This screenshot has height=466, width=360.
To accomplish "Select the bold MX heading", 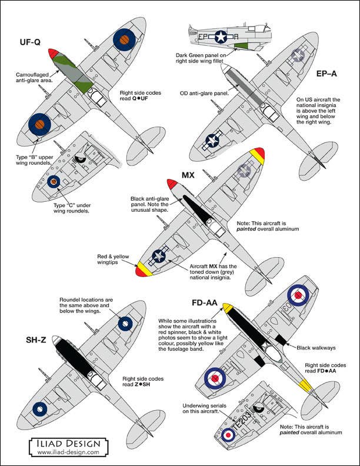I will coord(188,175).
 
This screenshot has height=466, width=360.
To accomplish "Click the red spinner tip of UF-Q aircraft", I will coord(52,54).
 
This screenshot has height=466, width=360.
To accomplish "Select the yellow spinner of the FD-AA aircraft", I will coord(226,308).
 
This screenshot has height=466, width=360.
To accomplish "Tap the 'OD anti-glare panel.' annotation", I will coord(205,93).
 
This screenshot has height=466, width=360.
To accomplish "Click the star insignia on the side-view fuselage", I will coord(221,37).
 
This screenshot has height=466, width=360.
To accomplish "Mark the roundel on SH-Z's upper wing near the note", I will coord(125,324).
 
